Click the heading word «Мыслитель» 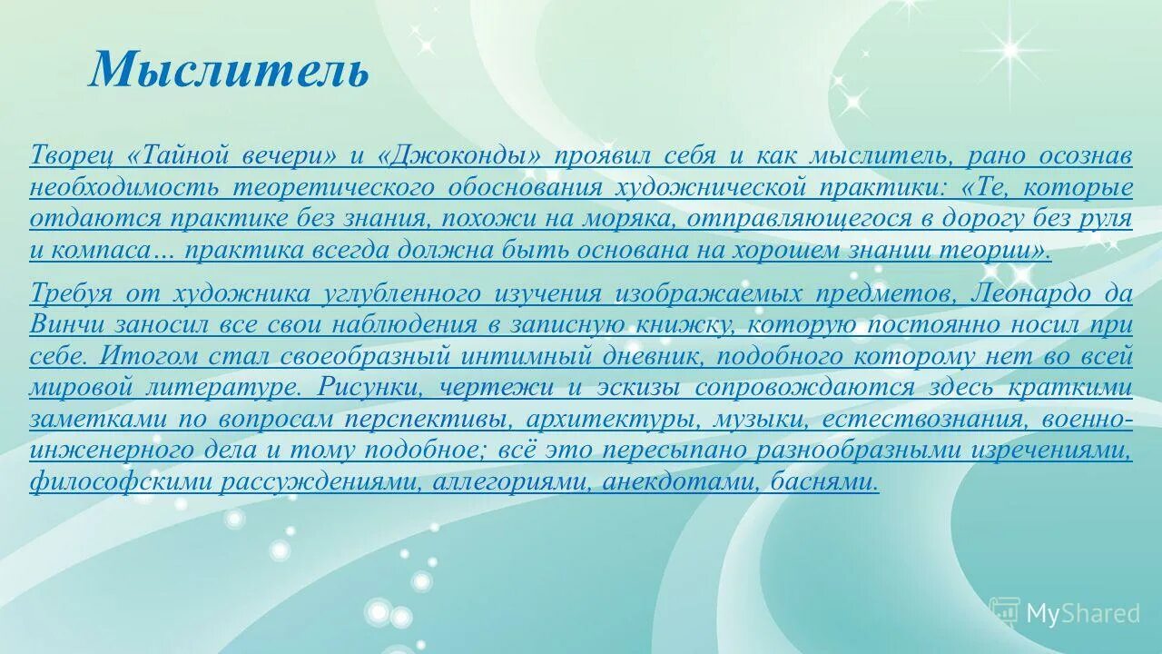228,71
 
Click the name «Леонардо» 1029,293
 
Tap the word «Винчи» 63,325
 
